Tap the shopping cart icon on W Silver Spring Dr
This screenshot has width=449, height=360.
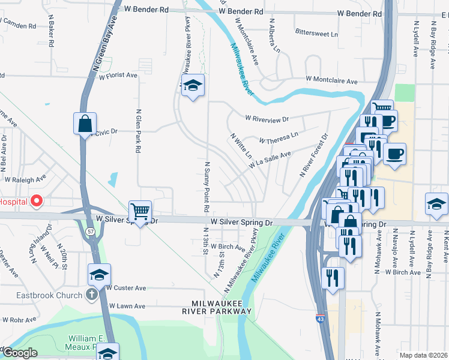pyautogui.click(x=139, y=211)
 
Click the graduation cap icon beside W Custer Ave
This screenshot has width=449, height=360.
pyautogui.click(x=99, y=275)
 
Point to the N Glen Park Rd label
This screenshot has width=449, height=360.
pyautogui.click(x=139, y=130)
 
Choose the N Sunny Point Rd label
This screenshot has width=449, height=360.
pyautogui.click(x=206, y=187)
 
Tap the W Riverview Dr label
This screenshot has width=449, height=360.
pyautogui.click(x=267, y=118)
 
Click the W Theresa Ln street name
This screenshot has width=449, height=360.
pyautogui.click(x=278, y=138)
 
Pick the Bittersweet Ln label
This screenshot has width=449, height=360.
pyautogui.click(x=316, y=34)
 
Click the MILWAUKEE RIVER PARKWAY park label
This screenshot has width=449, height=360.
pyautogui.click(x=217, y=307)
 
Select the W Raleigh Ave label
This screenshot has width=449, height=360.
pyautogui.click(x=25, y=179)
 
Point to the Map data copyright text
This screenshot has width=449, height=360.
pyautogui.click(x=423, y=355)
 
